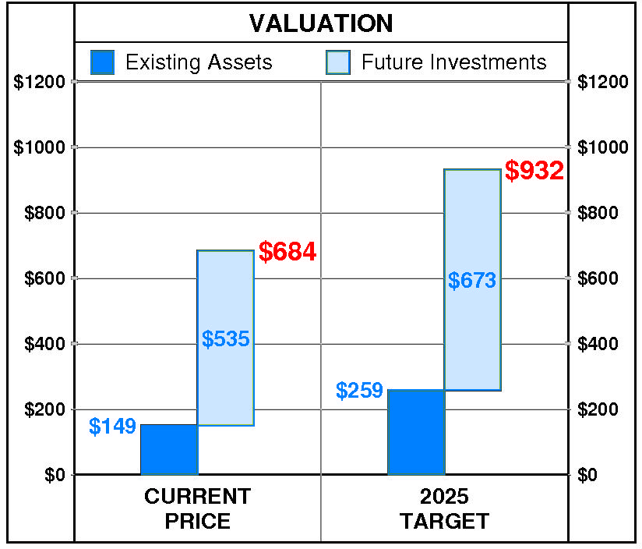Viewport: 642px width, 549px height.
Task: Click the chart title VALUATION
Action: click(x=321, y=23)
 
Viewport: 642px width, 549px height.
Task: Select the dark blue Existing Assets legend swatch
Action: click(x=103, y=62)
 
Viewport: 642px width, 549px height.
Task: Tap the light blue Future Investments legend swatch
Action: click(x=339, y=62)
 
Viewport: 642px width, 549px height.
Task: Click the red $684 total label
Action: click(x=287, y=252)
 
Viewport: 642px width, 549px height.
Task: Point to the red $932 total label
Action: click(x=534, y=171)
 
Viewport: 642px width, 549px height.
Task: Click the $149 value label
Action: click(x=112, y=427)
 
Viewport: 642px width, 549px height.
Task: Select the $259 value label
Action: click(x=359, y=390)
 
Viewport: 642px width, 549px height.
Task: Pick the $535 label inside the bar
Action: click(x=225, y=339)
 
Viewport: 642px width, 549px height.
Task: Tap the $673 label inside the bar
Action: click(x=472, y=281)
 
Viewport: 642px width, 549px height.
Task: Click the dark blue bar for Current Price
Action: click(x=169, y=450)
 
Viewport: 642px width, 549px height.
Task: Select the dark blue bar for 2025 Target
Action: click(x=416, y=432)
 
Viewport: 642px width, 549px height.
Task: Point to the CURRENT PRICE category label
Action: click(x=198, y=508)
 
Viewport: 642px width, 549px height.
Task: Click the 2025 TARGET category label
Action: click(x=444, y=508)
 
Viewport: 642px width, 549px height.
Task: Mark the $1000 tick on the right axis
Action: click(x=602, y=147)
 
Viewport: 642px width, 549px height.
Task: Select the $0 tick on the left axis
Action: click(x=54, y=475)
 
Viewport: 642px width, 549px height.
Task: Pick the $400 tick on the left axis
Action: click(x=45, y=344)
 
